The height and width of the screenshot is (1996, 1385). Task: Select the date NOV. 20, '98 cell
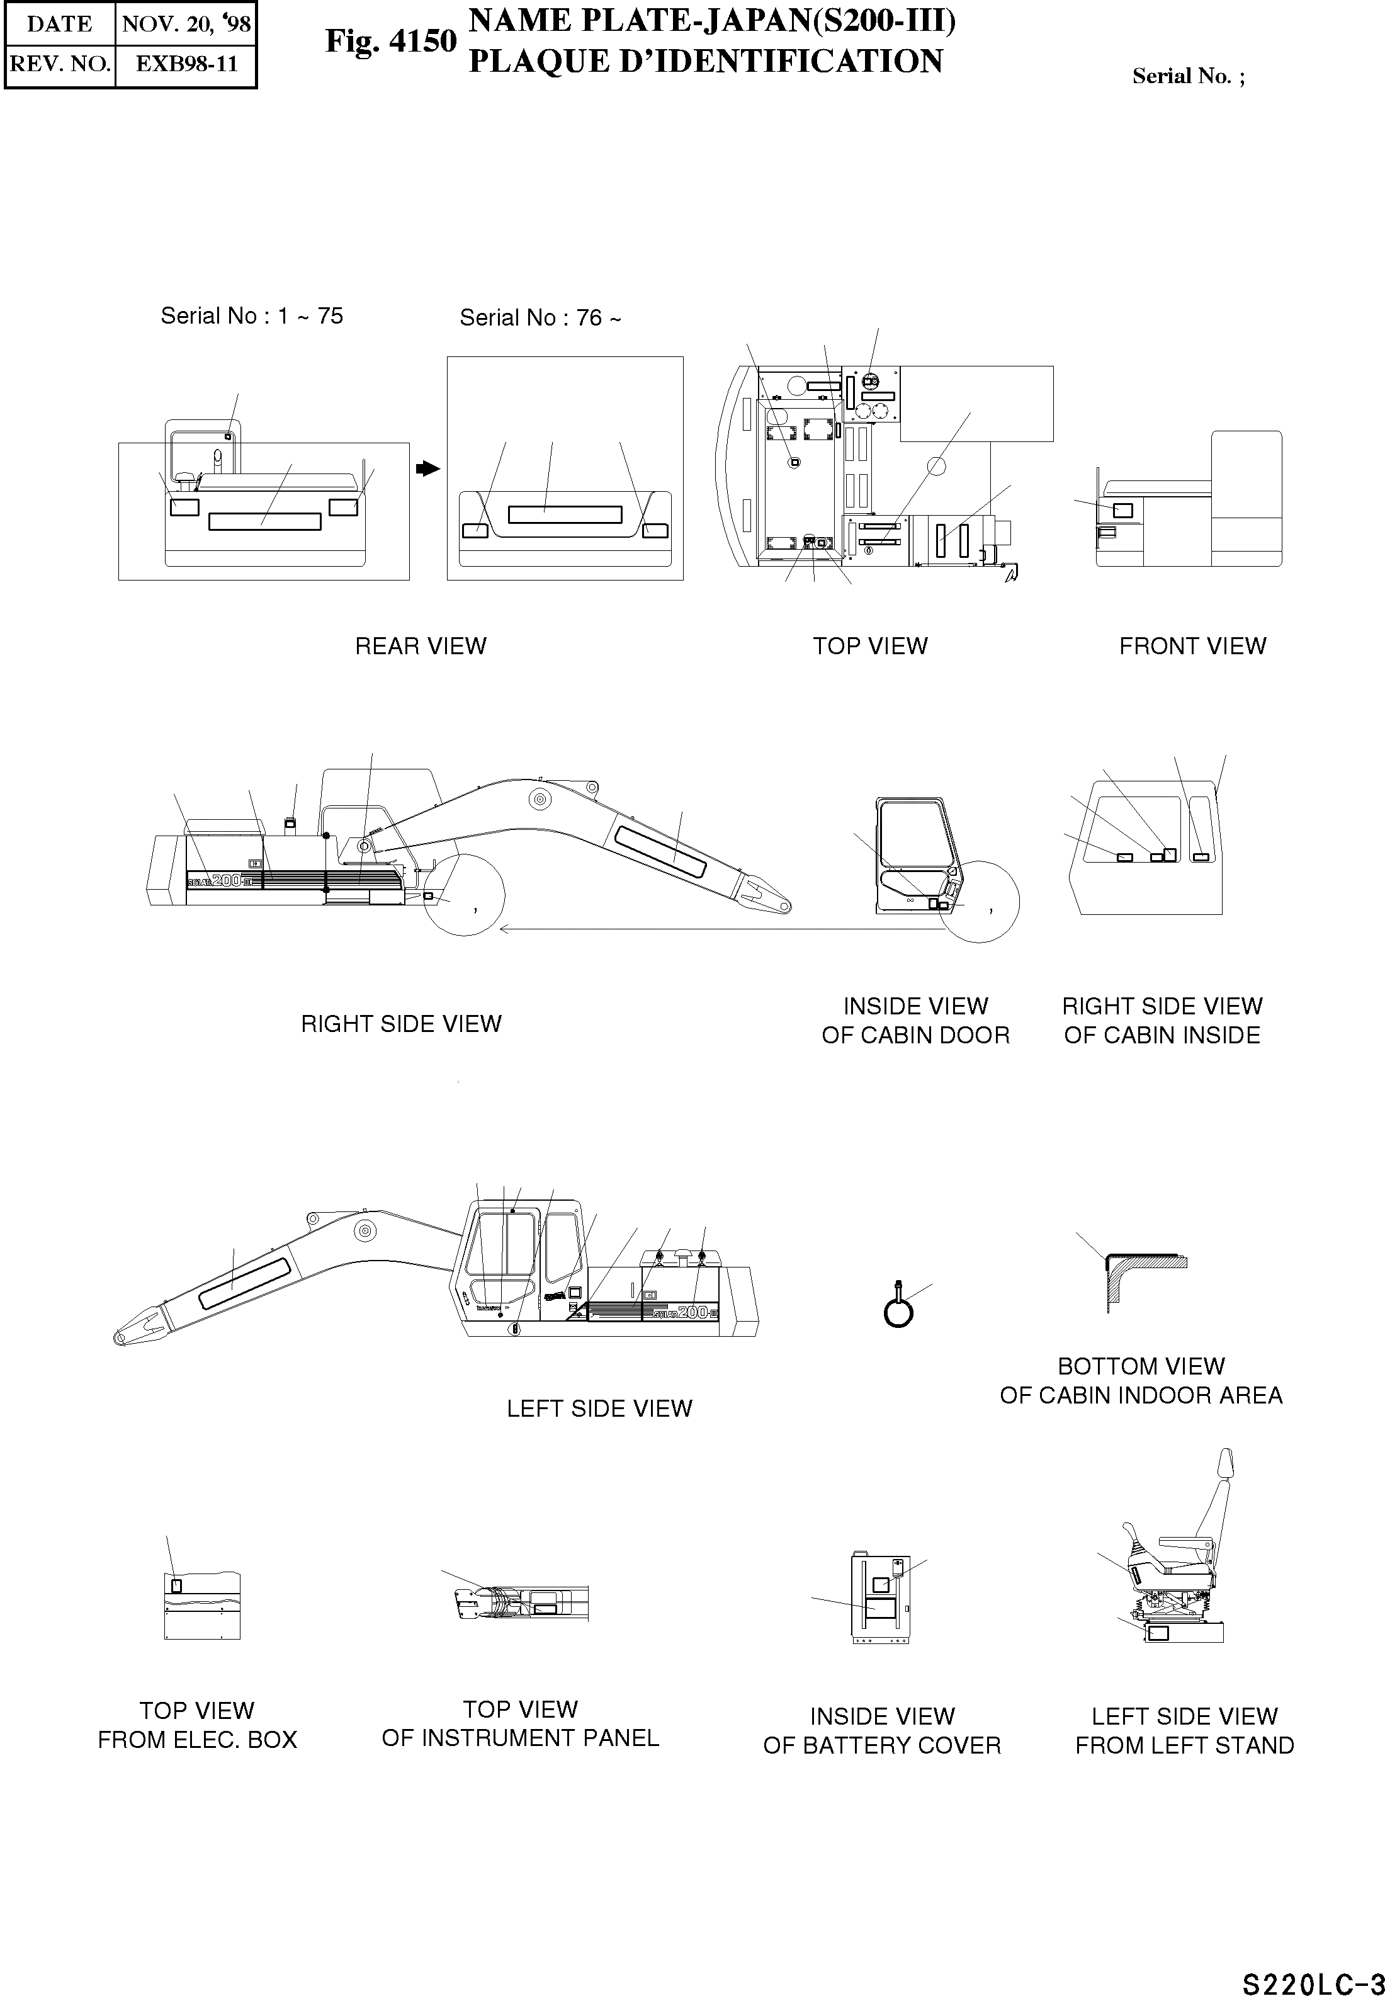[186, 23]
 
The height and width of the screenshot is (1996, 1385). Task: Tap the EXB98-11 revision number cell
[186, 64]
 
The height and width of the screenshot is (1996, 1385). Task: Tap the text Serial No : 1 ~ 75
[252, 316]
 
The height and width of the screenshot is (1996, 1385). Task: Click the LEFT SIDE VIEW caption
[599, 1409]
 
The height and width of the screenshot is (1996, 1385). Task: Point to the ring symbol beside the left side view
[898, 1312]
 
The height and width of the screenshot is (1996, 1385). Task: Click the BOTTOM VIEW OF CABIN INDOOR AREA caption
[1140, 1381]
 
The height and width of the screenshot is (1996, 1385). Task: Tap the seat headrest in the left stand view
[1225, 1466]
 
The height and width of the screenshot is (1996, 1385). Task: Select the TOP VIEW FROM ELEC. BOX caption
[197, 1725]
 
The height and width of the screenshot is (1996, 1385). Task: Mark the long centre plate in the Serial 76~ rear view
[565, 514]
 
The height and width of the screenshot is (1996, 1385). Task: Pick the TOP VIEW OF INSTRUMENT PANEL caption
[520, 1723]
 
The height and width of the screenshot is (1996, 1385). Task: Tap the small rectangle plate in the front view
[1122, 510]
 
